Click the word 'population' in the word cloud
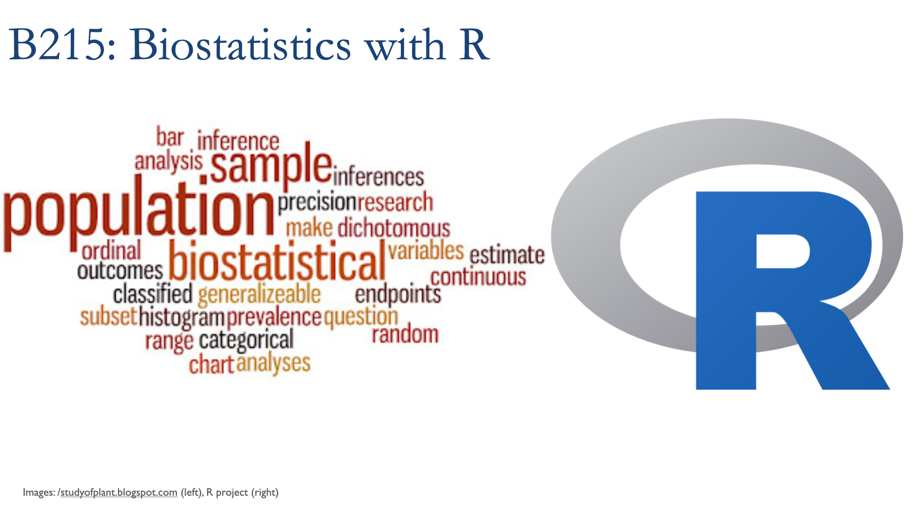tap(139, 214)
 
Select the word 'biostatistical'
tap(277, 260)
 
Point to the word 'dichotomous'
tap(394, 228)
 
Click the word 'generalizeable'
tap(259, 295)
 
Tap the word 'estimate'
tap(507, 255)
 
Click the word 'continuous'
tap(478, 277)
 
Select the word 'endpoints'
tap(398, 295)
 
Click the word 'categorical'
tap(246, 341)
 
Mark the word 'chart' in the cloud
tap(212, 364)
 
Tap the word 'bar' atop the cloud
tap(170, 137)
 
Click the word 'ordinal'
tap(111, 251)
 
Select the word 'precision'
tap(317, 203)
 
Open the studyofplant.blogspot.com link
tap(119, 493)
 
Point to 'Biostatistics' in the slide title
tap(240, 45)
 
